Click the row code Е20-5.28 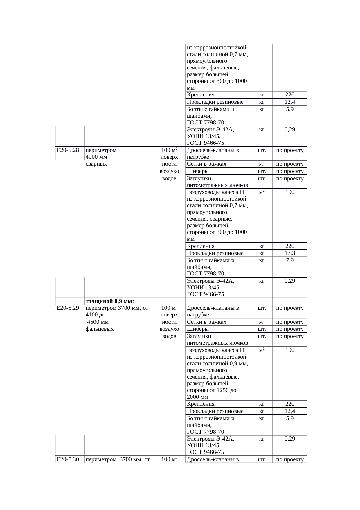point(68,150)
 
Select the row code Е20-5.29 point(68,308)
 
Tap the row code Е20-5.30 point(68,459)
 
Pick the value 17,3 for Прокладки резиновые point(290,253)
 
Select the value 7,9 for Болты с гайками point(290,260)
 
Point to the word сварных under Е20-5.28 point(96,164)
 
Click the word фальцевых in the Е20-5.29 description point(100,329)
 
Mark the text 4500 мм point(98,322)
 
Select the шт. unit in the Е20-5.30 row point(262,459)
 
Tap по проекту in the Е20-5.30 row point(290,459)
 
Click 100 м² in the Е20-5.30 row point(169,459)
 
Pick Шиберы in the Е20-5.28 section point(198,171)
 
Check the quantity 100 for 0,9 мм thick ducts point(290,350)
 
